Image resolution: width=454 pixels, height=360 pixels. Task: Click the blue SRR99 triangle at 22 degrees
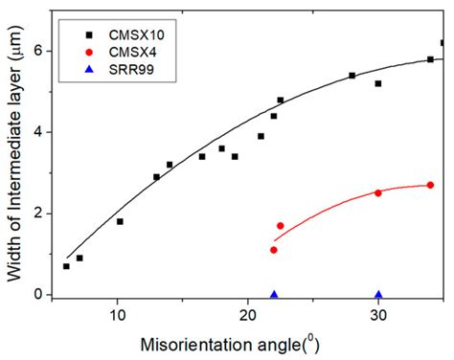(274, 295)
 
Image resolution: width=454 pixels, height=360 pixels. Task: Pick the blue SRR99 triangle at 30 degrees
(378, 295)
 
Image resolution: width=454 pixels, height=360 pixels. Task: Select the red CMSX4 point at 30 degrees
(378, 192)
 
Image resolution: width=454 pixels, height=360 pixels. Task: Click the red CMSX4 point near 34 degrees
(430, 185)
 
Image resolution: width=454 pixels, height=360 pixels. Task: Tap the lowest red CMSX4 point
(274, 250)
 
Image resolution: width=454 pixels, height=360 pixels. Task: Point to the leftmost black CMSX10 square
(66, 266)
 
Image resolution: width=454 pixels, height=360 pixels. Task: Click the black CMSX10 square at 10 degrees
(120, 221)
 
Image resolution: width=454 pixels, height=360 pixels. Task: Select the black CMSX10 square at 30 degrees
(378, 83)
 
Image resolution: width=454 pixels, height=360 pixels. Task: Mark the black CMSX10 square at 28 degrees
(352, 75)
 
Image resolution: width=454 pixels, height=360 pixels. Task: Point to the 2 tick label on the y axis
(38, 214)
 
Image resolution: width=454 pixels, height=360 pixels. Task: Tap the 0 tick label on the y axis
(38, 295)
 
